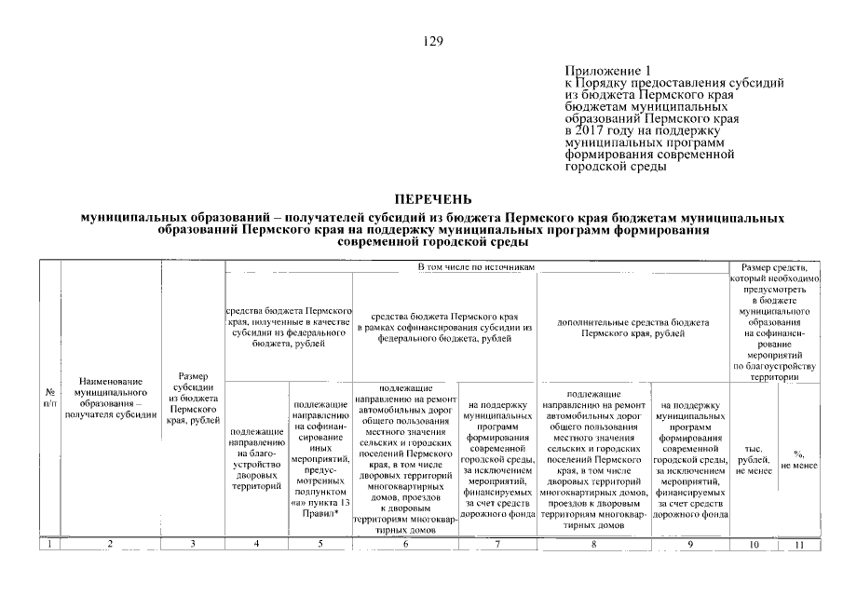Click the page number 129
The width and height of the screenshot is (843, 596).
pyautogui.click(x=431, y=41)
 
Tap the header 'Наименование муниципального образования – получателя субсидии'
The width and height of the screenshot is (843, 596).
pyautogui.click(x=110, y=398)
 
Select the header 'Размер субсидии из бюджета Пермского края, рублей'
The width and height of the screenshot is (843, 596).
pyautogui.click(x=193, y=400)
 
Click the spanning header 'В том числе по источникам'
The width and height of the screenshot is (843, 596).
pyautogui.click(x=475, y=267)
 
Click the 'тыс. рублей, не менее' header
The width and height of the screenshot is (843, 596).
pyautogui.click(x=753, y=459)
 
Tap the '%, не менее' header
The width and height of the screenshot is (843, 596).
pyautogui.click(x=798, y=459)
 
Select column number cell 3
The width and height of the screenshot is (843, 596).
pyautogui.click(x=193, y=544)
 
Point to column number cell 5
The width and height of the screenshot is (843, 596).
pyautogui.click(x=320, y=544)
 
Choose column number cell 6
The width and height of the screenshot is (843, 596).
pyautogui.click(x=405, y=544)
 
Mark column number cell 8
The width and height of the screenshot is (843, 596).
pyautogui.click(x=594, y=544)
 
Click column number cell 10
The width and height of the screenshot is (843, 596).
pyautogui.click(x=753, y=544)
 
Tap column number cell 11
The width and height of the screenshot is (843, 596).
pyautogui.click(x=798, y=544)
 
